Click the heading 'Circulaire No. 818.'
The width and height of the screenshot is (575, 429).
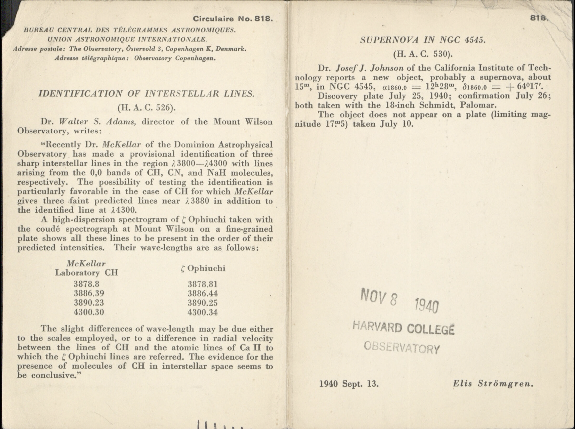233,19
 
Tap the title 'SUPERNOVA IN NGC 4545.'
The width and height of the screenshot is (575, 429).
423,40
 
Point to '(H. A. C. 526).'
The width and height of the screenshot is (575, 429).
146,107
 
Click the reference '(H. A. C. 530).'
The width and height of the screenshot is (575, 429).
423,54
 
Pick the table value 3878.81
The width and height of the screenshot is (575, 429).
202,284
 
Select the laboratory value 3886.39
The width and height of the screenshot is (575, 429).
89,293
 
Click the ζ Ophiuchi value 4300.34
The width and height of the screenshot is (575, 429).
202,312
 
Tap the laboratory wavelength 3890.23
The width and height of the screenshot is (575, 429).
89,303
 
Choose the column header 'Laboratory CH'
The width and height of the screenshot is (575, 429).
87,273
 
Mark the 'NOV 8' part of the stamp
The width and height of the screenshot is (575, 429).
379,298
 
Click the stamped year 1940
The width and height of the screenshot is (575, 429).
427,305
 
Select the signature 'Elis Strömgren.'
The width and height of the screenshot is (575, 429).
493,384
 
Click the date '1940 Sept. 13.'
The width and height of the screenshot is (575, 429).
349,384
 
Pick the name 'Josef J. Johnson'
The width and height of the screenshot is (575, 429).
370,68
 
